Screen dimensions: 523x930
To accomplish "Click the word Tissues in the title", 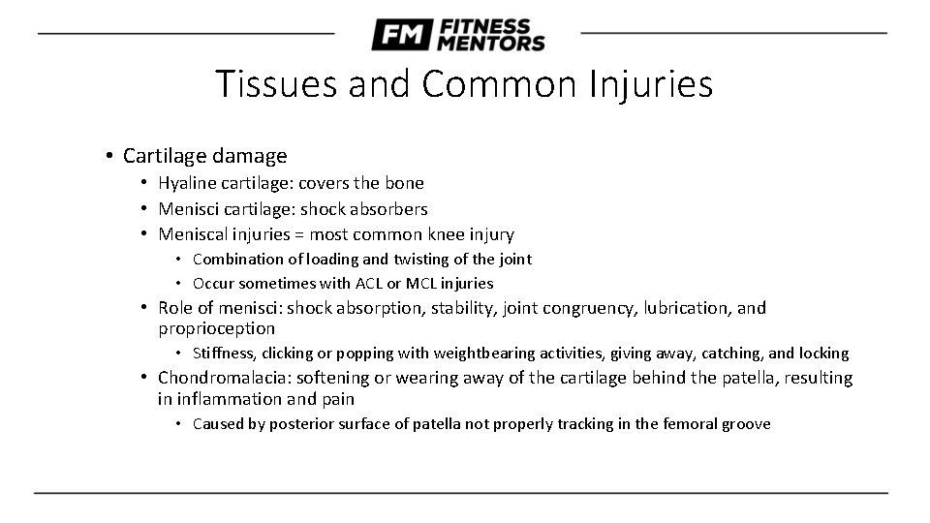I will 274,84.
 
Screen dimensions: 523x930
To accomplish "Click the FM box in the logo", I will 400,36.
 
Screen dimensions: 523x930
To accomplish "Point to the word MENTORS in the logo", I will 491,43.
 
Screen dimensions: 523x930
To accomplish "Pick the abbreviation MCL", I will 426,284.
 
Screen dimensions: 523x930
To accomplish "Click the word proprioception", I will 216,328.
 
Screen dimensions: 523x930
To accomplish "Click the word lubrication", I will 685,308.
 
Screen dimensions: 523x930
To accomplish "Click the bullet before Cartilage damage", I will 112,156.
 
